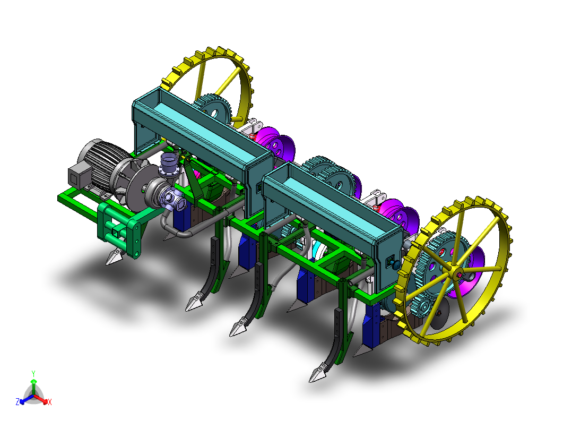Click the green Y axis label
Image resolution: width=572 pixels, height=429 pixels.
[33, 373]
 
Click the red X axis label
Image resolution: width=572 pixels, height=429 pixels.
[50, 402]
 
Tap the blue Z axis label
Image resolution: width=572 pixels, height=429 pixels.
[17, 401]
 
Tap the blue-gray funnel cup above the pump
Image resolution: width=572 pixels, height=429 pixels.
[169, 162]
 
